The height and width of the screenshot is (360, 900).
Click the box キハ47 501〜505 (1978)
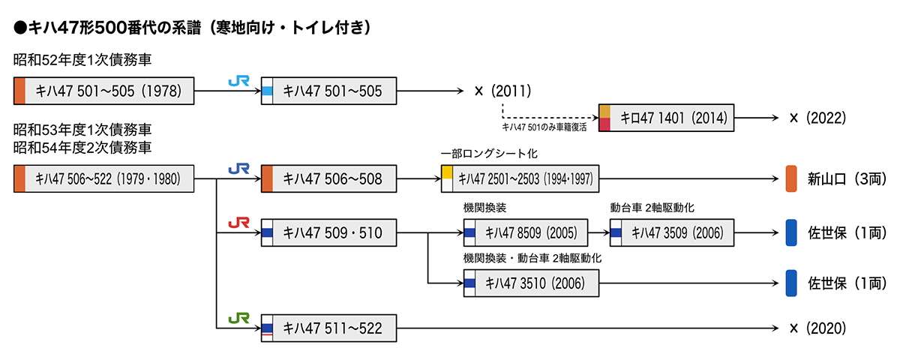[x=105, y=91]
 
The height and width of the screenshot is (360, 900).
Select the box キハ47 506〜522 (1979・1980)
[x=105, y=178]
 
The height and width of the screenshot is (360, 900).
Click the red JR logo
[x=238, y=223]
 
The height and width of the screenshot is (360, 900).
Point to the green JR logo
[x=238, y=318]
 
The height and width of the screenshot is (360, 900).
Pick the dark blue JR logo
[x=238, y=169]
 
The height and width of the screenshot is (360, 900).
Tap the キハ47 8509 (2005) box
[x=526, y=233]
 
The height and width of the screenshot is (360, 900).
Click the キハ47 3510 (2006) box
[x=532, y=283]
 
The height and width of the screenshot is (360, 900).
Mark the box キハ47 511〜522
[x=328, y=328]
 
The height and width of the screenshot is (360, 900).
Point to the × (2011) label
[x=502, y=91]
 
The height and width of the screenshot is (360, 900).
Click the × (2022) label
[x=817, y=118]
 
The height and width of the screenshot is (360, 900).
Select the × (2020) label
[x=817, y=328]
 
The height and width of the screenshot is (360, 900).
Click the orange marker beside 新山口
[x=790, y=178]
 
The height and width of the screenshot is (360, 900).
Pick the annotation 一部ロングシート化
[x=489, y=153]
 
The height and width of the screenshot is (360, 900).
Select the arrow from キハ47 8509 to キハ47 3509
[x=598, y=233]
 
